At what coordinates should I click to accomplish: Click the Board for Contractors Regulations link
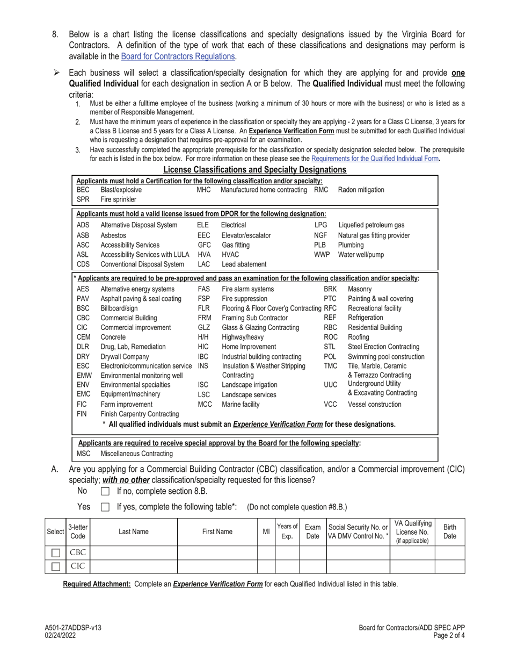click(178, 56)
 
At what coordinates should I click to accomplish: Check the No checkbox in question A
click(105, 491)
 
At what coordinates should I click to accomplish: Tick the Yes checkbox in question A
click(105, 506)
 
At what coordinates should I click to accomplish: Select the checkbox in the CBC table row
click(55, 552)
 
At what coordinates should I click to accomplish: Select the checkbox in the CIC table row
click(55, 566)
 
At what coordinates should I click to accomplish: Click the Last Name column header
click(133, 531)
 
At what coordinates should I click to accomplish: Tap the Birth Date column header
click(450, 531)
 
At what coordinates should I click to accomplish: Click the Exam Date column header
click(312, 531)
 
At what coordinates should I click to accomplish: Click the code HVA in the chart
click(203, 254)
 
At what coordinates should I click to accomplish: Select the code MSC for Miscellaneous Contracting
click(83, 454)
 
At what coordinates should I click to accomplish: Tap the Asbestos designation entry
click(113, 235)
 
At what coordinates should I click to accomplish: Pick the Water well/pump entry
click(361, 254)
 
